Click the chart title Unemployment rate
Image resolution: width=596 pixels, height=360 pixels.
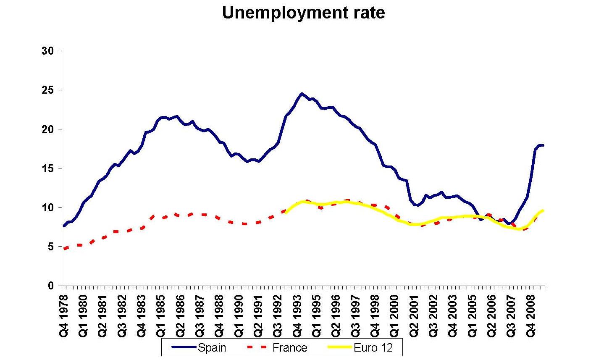(x=303, y=13)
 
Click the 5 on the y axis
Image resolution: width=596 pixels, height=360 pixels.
(x=51, y=247)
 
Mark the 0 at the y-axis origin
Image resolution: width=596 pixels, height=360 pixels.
(x=51, y=286)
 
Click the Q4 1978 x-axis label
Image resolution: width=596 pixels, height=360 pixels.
(x=64, y=313)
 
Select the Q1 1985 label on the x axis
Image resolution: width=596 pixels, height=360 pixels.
(x=161, y=313)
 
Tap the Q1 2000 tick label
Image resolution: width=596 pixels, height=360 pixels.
(x=394, y=313)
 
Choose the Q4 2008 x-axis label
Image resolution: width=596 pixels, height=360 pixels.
(x=531, y=313)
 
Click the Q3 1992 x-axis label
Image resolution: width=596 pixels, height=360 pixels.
(x=278, y=313)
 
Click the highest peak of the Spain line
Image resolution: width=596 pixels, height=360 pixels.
(x=302, y=94)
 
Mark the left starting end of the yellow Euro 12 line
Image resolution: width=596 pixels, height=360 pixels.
(x=286, y=213)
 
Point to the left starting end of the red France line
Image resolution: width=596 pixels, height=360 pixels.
(x=64, y=249)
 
